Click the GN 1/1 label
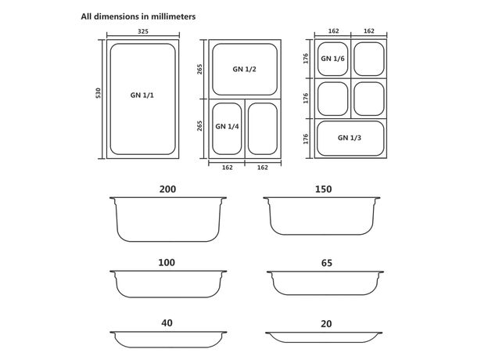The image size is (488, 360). tap(142, 95)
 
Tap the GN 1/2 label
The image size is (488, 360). tap(244, 69)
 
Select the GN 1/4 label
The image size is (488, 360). tap(228, 127)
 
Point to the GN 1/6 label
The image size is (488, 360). tap(332, 59)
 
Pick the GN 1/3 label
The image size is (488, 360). tap(350, 138)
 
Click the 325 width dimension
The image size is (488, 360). tap(143, 31)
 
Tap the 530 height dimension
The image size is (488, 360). tap(99, 93)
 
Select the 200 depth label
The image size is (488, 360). tap(167, 189)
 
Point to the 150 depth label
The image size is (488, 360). tap(323, 189)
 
